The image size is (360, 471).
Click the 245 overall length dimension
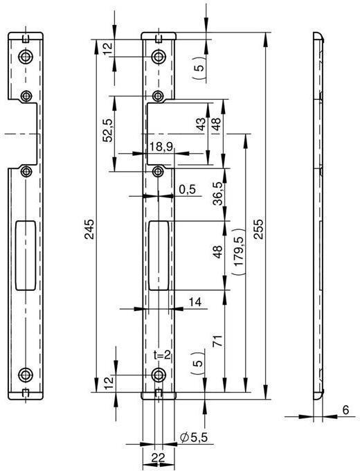(89, 229)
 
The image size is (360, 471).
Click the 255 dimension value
(258, 229)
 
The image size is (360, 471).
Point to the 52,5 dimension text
(108, 130)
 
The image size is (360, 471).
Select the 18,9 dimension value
(161, 147)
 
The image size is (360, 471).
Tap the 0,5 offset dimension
(187, 190)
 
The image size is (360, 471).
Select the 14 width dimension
(195, 302)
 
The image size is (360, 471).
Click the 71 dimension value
(218, 341)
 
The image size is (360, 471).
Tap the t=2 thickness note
(162, 355)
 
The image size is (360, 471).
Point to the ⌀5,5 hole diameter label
(194, 437)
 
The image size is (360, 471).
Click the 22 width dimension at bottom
(159, 459)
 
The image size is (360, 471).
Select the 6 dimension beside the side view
(346, 410)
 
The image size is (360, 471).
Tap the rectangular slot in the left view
(26, 256)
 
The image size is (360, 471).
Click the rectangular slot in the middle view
(159, 256)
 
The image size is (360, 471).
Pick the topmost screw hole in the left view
(26, 56)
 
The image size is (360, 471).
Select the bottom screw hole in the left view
(26, 375)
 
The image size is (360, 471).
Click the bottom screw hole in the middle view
(159, 375)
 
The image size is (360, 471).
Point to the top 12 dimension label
(108, 48)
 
